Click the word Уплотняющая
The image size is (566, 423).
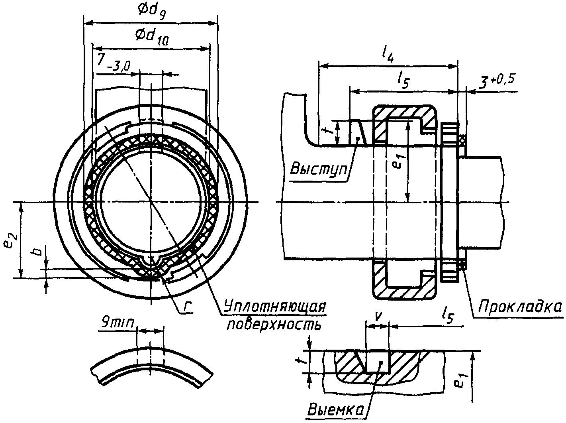[x=274, y=307]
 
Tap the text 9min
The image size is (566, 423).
[x=118, y=323]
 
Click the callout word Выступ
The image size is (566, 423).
[x=319, y=169]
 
